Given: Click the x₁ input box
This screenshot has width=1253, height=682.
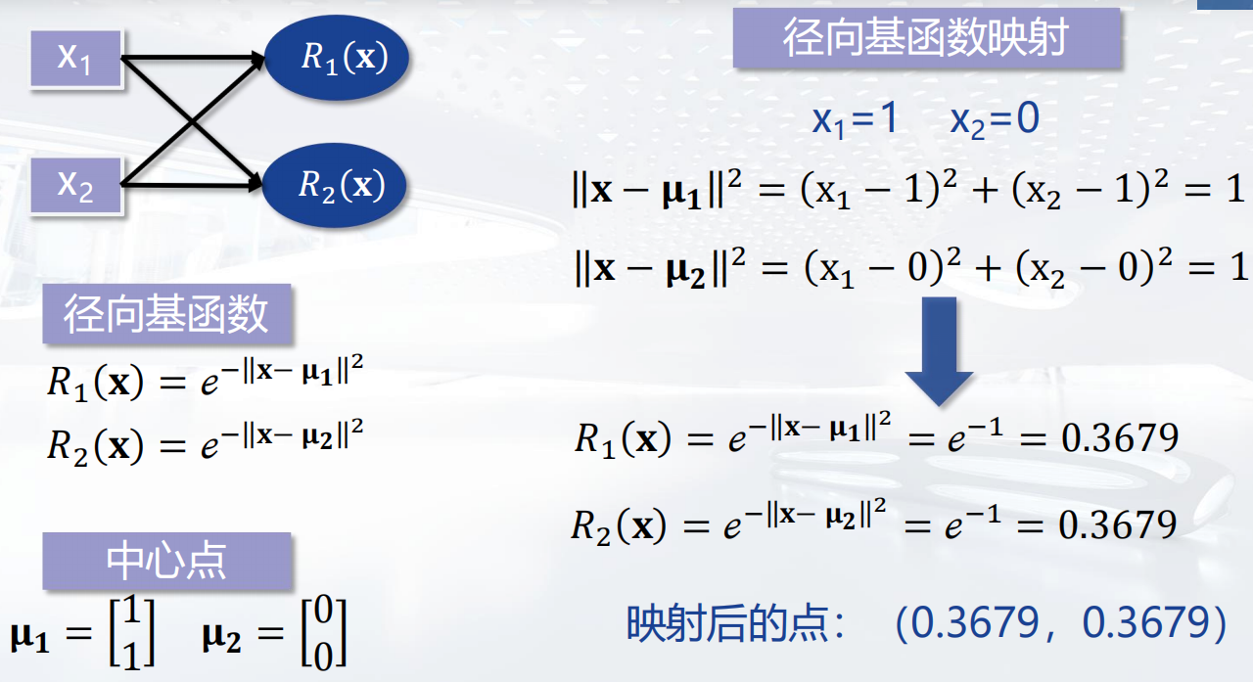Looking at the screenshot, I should click(x=75, y=58).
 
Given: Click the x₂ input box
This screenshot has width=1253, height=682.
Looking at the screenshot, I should click(x=75, y=184).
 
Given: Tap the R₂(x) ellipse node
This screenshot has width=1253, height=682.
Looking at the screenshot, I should click(x=336, y=184).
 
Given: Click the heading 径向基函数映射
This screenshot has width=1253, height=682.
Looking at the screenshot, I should click(x=925, y=38).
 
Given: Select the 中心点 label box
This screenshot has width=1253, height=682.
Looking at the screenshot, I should click(x=166, y=561).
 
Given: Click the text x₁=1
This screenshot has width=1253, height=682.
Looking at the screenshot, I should click(x=855, y=119).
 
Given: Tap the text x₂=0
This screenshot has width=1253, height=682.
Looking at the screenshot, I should click(x=994, y=119).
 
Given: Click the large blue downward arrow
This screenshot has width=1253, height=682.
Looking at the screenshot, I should click(x=938, y=352).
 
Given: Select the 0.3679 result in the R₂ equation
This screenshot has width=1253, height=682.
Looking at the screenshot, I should click(x=1119, y=526).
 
